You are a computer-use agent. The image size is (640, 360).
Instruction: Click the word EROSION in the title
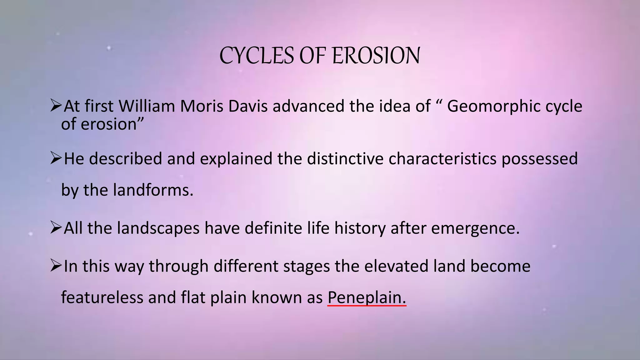(376, 56)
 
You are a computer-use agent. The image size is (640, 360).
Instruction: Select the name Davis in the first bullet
(248, 106)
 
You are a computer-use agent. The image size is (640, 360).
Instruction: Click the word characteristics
(442, 159)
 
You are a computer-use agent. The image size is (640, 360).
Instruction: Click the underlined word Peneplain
(366, 297)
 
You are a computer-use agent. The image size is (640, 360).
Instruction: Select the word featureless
(102, 297)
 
